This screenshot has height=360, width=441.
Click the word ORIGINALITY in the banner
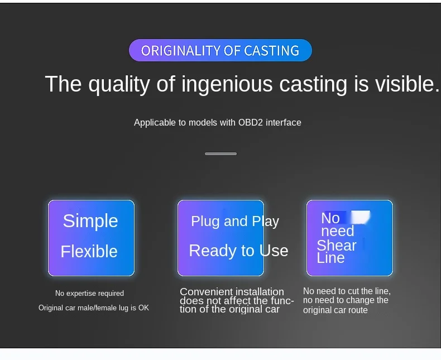pyautogui.click(x=180, y=51)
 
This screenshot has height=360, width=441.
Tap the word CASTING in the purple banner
pyautogui.click(x=271, y=51)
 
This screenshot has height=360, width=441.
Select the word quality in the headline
pyautogui.click(x=119, y=84)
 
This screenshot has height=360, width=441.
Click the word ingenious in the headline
pyautogui.click(x=227, y=84)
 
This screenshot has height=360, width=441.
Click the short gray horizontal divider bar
pyautogui.click(x=221, y=153)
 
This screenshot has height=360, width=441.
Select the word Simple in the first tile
pyautogui.click(x=90, y=221)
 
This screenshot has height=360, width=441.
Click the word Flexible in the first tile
pyautogui.click(x=89, y=251)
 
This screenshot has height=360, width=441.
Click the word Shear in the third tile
pyautogui.click(x=337, y=245)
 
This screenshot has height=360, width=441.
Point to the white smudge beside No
pyautogui.click(x=360, y=217)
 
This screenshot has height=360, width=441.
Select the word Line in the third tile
pyautogui.click(x=330, y=258)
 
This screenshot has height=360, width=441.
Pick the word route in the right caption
pyautogui.click(x=358, y=310)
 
